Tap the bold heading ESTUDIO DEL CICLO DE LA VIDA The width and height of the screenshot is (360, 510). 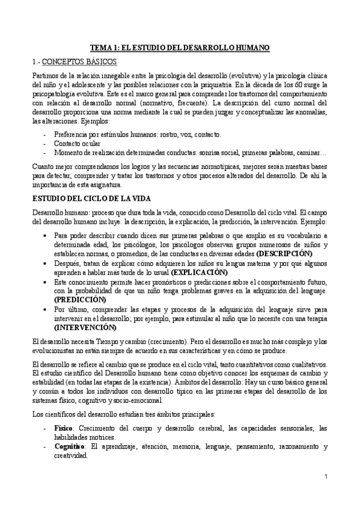pyautogui.click(x=90, y=198)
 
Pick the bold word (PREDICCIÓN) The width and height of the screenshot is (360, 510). pyautogui.click(x=79, y=300)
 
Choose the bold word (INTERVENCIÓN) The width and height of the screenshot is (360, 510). pyautogui.click(x=84, y=327)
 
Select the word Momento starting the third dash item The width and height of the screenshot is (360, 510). pyautogui.click(x=69, y=154)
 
